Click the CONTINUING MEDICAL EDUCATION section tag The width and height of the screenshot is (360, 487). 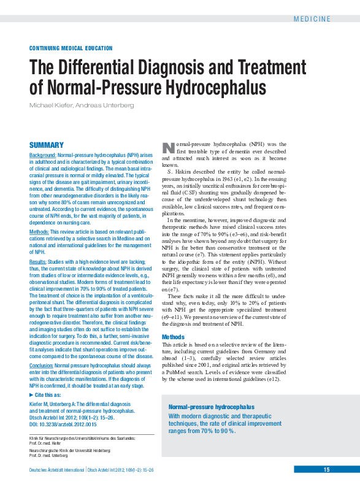pyautogui.click(x=71, y=48)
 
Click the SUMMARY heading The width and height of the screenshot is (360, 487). pyautogui.click(x=47, y=145)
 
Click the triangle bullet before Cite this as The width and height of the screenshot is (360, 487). pyautogui.click(x=32, y=396)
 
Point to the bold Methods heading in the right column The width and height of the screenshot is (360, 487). pyautogui.click(x=172, y=337)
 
